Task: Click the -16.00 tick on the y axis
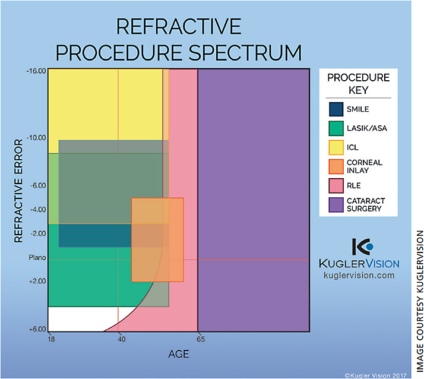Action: (36, 71)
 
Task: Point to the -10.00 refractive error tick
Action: (36, 138)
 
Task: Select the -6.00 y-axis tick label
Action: (37, 185)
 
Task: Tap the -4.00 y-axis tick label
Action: (37, 210)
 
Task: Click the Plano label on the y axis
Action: (37, 258)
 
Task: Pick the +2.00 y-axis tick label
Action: (37, 281)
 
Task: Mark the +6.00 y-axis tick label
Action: (37, 329)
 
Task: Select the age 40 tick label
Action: (121, 339)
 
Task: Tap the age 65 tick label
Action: (201, 339)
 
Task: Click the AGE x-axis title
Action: (179, 354)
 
